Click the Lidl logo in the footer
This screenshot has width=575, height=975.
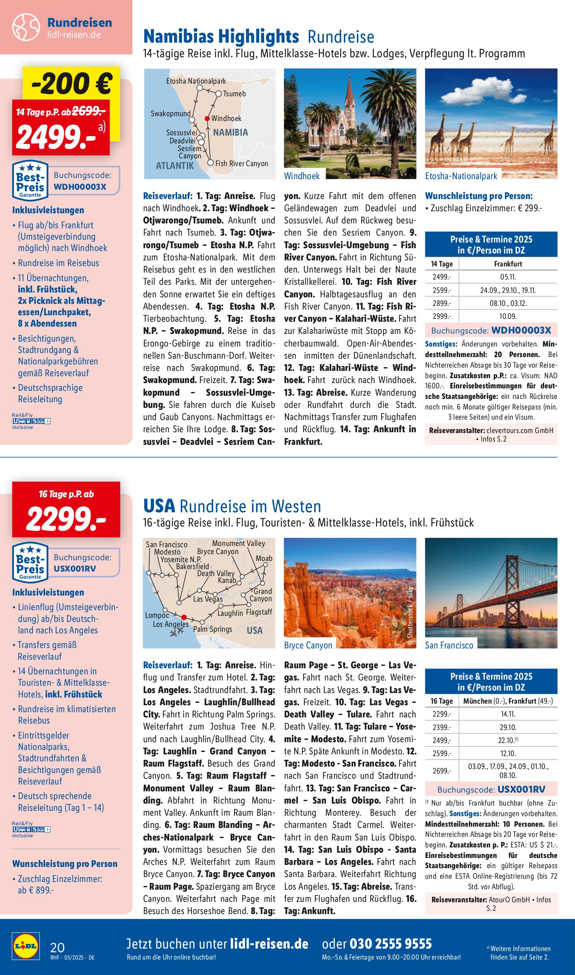point(26,946)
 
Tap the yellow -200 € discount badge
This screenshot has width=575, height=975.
point(72,83)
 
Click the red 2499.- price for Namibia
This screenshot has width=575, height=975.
point(56,136)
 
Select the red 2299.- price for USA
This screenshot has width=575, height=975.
point(66,519)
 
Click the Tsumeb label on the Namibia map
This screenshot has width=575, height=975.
point(234,94)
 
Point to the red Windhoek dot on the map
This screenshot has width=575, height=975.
point(207,119)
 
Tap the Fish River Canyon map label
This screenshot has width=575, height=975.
point(242,163)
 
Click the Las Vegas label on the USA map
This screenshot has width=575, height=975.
point(208,599)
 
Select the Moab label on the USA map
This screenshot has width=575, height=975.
point(264,558)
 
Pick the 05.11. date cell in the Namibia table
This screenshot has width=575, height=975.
point(508,277)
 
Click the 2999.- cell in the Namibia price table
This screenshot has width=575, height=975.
point(441,316)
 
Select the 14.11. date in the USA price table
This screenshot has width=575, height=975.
point(508,714)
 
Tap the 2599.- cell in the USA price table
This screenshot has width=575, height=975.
point(441,753)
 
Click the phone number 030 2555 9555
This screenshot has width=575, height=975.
point(391,944)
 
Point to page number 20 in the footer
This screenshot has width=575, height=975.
point(57,947)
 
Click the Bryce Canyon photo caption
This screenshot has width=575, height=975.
point(308,645)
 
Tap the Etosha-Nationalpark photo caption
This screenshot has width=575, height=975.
point(461,176)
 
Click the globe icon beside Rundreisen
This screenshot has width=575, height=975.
point(26,27)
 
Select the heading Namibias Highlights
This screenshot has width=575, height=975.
point(221,37)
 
